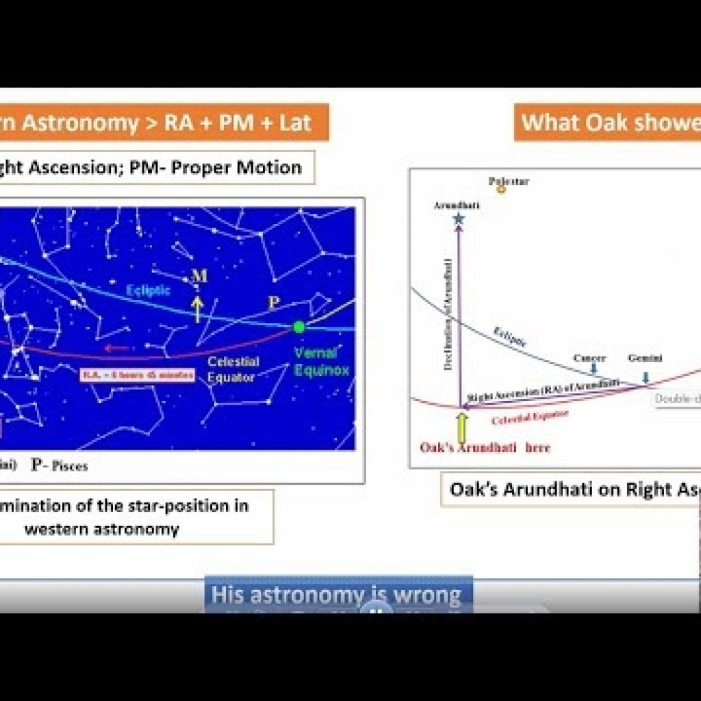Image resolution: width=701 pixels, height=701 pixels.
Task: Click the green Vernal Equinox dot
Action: (x=298, y=327)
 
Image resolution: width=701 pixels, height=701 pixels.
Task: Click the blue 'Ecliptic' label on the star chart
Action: (x=149, y=291)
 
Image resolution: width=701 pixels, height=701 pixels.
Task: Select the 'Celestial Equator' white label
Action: (x=233, y=370)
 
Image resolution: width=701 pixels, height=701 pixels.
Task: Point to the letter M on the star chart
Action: (x=199, y=276)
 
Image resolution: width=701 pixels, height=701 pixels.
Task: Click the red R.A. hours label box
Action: (x=138, y=374)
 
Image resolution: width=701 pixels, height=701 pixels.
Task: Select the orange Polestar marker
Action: (x=501, y=190)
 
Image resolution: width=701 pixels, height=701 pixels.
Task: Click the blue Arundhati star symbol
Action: (x=458, y=219)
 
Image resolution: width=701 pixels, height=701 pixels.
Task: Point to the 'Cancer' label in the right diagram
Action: (x=589, y=358)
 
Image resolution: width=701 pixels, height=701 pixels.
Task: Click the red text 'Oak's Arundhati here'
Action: (x=485, y=448)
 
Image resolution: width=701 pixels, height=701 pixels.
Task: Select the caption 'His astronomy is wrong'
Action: (x=336, y=594)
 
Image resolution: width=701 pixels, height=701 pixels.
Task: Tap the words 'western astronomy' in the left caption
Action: (x=101, y=528)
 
